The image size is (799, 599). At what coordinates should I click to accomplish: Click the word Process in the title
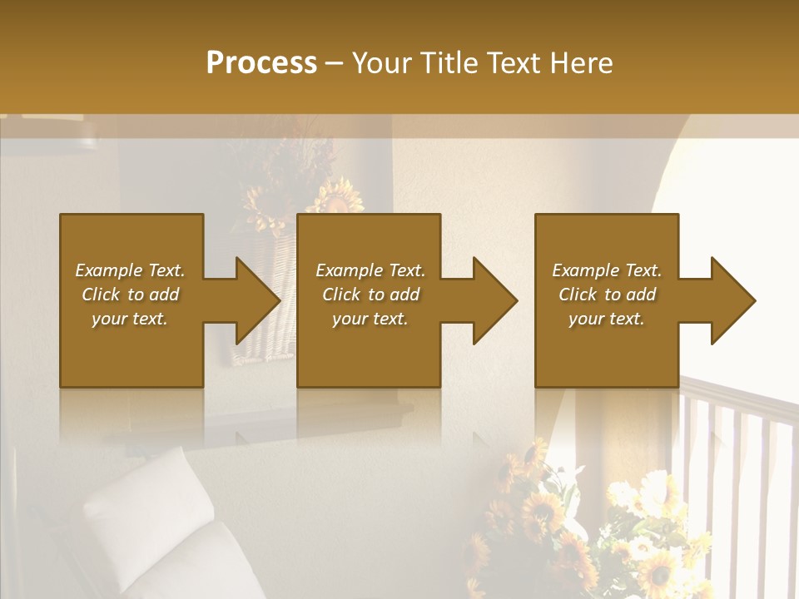coord(261,63)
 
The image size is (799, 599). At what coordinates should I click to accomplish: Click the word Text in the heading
coord(514,63)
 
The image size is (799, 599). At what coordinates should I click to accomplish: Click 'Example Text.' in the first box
coord(130,270)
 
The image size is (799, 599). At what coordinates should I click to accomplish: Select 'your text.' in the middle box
coord(370,319)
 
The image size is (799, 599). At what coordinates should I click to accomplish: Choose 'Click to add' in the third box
coord(607,295)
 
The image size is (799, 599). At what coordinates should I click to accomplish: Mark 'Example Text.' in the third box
coord(607,270)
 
